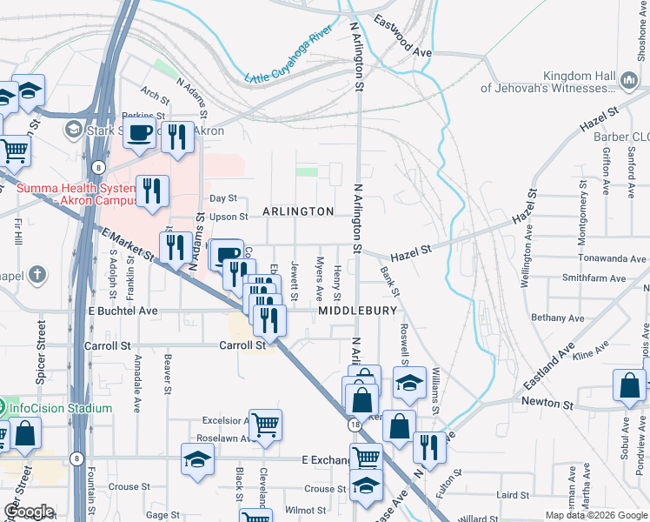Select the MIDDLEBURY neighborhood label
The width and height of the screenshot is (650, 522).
[x=357, y=311]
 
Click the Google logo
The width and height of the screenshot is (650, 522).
[x=28, y=512]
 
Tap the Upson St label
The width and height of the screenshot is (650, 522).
[x=229, y=217]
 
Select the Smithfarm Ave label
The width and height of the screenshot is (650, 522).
[x=594, y=278]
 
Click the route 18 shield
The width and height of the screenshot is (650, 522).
[x=355, y=425]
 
